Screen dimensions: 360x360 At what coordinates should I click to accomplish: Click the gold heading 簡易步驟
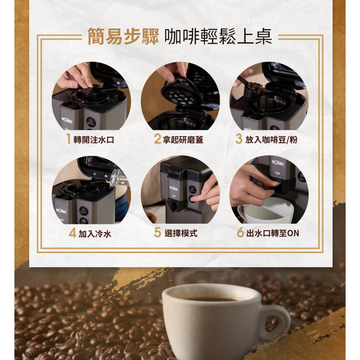(x=123, y=36)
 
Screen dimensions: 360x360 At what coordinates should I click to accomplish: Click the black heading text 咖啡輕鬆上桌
(x=218, y=36)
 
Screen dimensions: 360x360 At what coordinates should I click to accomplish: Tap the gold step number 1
(x=69, y=139)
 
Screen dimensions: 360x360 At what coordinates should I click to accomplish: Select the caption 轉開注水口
(x=94, y=140)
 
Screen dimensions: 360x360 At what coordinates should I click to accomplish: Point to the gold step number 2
(x=157, y=139)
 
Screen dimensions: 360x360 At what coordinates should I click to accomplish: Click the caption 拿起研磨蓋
(x=183, y=140)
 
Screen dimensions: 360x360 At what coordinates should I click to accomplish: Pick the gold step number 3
(x=239, y=139)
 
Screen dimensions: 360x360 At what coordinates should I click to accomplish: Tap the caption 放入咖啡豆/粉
(x=271, y=140)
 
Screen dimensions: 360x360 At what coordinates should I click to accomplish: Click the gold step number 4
(x=72, y=233)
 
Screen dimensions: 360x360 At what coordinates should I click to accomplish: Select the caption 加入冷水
(x=95, y=234)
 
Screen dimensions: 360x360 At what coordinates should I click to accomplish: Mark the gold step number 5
(x=157, y=232)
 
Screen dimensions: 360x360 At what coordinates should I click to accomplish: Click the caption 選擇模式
(x=181, y=233)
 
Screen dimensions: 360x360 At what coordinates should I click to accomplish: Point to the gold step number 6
(x=240, y=232)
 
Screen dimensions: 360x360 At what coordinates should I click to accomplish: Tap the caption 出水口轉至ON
(x=273, y=233)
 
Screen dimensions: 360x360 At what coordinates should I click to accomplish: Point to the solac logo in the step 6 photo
(x=278, y=162)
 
